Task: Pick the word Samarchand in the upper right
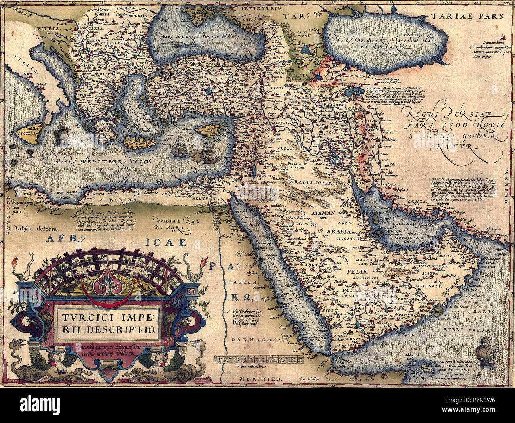point(484,42)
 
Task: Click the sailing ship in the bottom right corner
point(486,350)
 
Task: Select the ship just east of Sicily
point(61,132)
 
